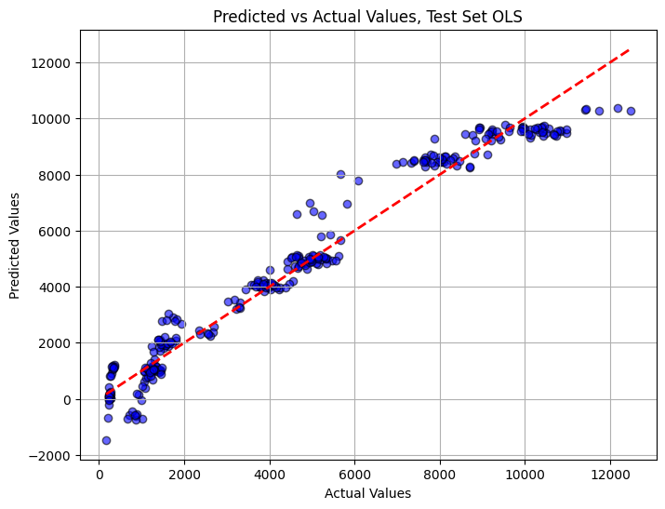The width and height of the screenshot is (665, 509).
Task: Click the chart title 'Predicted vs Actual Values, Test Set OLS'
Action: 367,17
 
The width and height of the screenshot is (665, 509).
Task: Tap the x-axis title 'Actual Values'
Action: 367,493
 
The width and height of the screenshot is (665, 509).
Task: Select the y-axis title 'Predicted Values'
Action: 15,246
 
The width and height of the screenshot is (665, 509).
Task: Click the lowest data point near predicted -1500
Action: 106,440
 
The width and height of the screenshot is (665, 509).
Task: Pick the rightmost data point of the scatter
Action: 631,111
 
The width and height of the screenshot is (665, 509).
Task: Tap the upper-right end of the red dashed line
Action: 630,49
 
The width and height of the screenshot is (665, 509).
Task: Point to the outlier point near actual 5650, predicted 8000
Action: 340,174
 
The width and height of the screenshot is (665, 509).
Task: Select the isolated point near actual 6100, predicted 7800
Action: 358,181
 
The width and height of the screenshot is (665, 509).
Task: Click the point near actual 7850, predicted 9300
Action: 434,139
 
